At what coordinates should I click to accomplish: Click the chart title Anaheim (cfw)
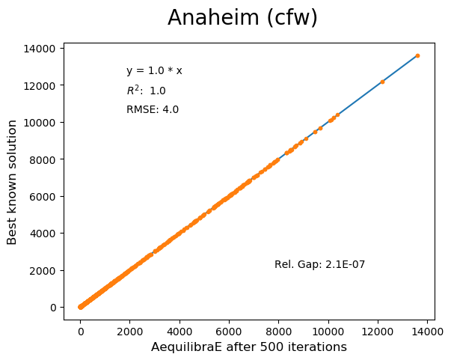point(242,18)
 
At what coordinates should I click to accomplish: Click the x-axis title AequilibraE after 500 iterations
point(249,347)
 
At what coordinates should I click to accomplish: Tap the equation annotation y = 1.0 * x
point(154,71)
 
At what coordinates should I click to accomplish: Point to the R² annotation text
point(146,91)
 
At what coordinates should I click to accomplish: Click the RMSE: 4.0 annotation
point(153,110)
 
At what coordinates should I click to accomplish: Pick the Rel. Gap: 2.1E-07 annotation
point(319,264)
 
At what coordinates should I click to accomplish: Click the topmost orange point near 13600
point(417,55)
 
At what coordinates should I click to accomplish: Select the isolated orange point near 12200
point(382,82)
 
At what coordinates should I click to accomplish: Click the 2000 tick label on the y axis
point(43,270)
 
